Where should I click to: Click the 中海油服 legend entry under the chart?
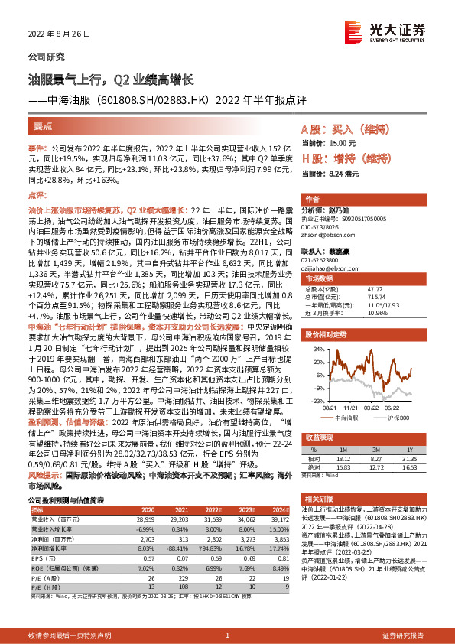pyautogui.click(x=349, y=418)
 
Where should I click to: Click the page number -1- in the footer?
pyautogui.click(x=226, y=636)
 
